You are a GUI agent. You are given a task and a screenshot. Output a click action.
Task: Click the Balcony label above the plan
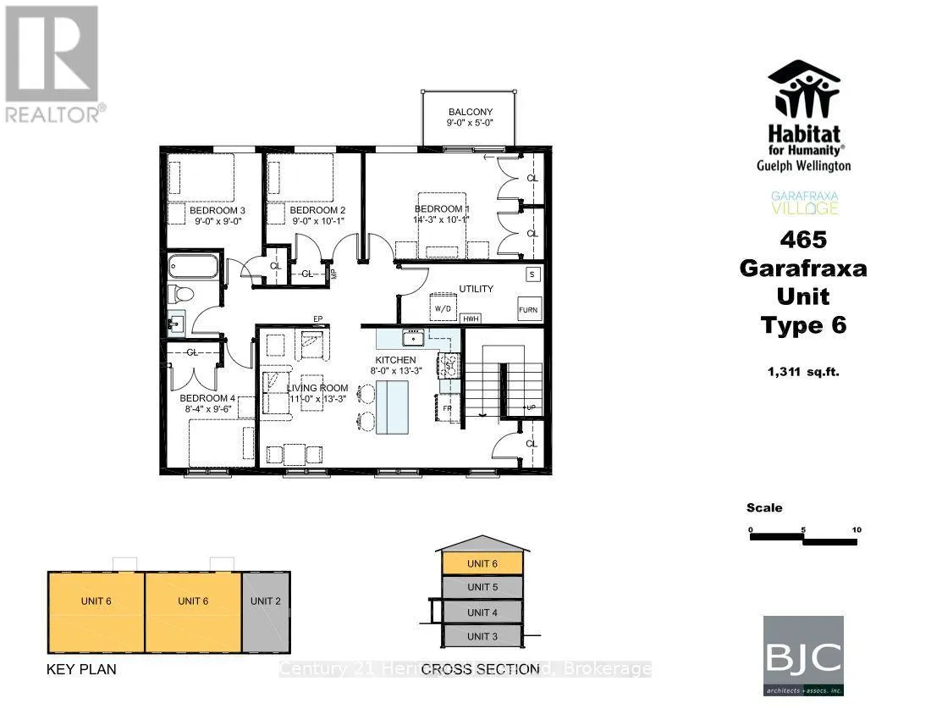(x=470, y=112)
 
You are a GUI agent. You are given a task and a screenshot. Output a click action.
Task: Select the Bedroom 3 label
(x=217, y=211)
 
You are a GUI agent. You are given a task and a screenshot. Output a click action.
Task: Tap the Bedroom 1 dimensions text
(x=441, y=220)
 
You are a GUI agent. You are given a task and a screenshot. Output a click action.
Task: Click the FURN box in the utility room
(x=528, y=310)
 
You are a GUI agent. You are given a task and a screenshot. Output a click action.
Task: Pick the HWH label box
(x=471, y=318)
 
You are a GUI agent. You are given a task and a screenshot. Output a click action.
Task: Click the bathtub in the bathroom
(x=194, y=268)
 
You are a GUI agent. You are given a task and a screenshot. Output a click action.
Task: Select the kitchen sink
(x=414, y=339)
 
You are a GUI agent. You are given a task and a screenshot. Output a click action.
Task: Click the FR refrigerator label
(x=447, y=408)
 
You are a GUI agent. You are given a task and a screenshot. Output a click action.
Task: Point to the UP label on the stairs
(x=531, y=408)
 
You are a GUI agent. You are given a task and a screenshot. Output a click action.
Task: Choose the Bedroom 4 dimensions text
(x=208, y=408)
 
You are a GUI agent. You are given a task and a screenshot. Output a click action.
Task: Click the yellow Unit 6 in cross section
(x=482, y=563)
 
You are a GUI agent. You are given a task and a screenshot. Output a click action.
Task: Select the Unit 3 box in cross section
(x=482, y=635)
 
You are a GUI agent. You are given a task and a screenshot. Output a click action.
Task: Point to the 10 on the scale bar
(x=857, y=529)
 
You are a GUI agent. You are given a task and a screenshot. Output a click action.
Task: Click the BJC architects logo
(x=803, y=655)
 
